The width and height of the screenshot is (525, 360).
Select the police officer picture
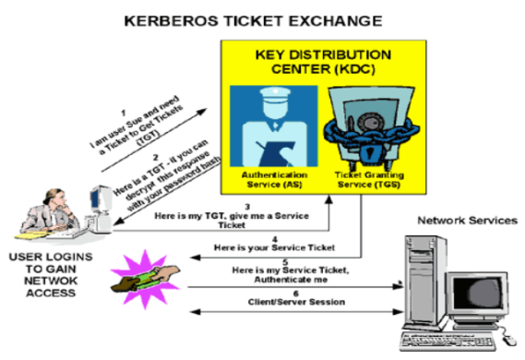point(272,125)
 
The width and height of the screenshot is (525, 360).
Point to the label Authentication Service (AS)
point(272,178)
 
